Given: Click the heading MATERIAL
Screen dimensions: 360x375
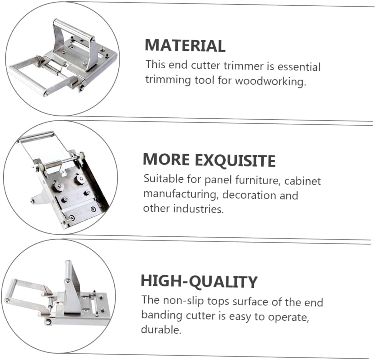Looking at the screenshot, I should click(185, 45).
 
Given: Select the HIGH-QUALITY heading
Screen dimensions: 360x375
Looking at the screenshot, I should click(199, 281).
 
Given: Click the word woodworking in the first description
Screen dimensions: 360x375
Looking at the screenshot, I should click(270, 81).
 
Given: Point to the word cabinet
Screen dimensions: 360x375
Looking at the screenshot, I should click(303, 181).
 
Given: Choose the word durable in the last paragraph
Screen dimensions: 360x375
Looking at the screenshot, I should click(161, 330).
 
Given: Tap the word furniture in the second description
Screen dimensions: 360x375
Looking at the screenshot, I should click(257, 180).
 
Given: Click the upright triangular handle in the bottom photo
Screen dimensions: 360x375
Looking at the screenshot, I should click(72, 285).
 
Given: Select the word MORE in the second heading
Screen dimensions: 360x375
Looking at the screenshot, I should click(166, 159).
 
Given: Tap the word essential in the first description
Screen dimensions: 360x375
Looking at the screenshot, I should click(299, 67).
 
